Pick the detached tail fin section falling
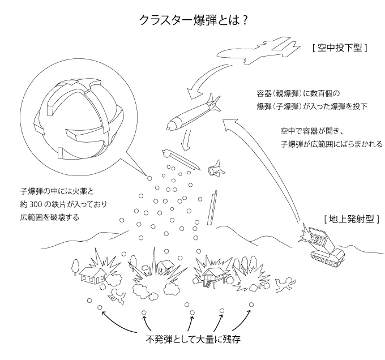tap(216, 168)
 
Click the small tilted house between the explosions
tap(164, 264)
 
